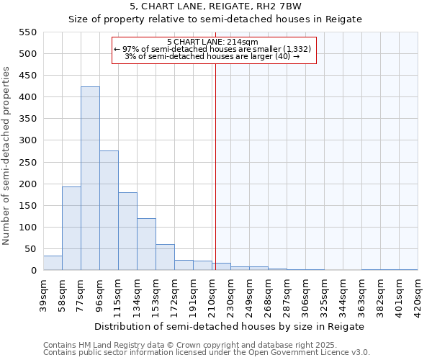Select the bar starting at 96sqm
[x=109, y=210]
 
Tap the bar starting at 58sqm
[x=71, y=228]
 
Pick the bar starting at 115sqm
[x=127, y=231]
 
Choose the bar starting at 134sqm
[x=146, y=244]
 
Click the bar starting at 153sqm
[x=165, y=257]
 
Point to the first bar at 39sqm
[x=53, y=263]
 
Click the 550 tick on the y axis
[x=27, y=32]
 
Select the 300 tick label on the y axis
[x=27, y=140]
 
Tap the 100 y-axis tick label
[x=27, y=228]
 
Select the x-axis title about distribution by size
[x=230, y=326]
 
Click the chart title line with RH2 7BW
[x=215, y=6]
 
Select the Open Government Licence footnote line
[x=207, y=353]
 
